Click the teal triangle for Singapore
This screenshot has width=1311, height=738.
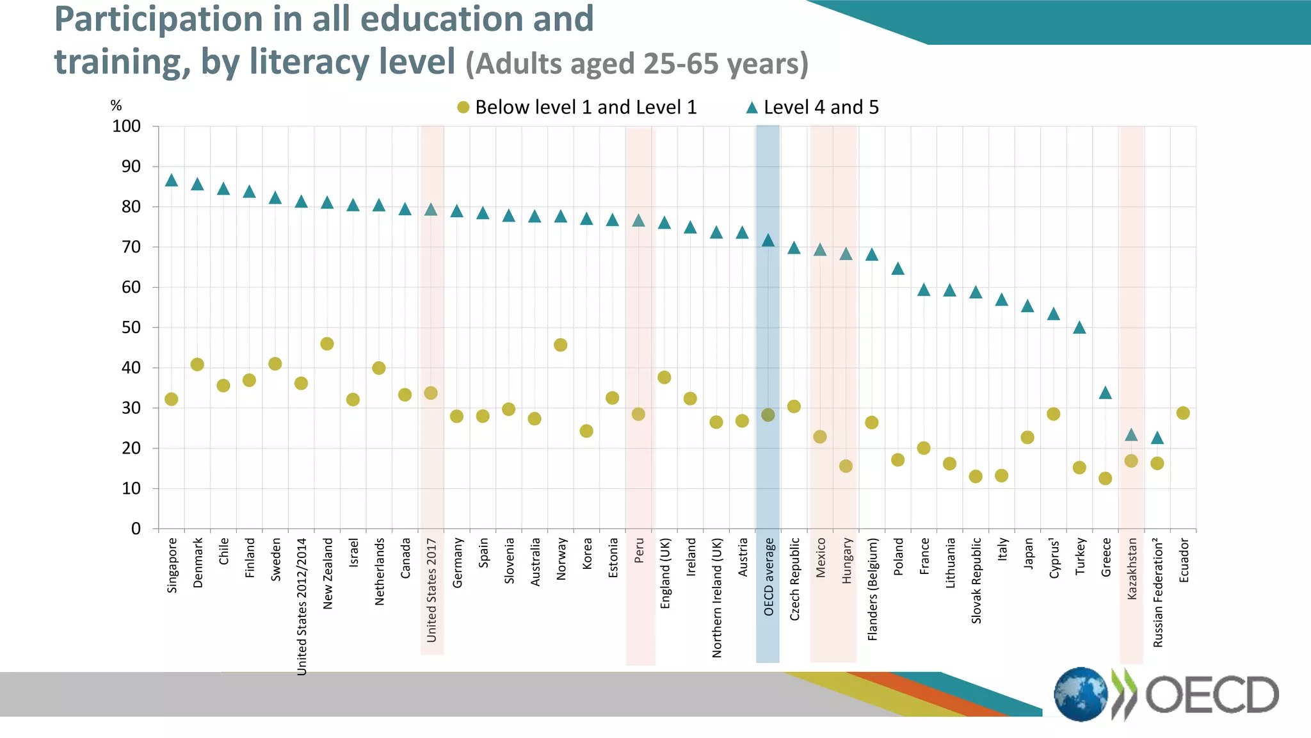click(171, 181)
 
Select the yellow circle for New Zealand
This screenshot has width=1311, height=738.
click(326, 344)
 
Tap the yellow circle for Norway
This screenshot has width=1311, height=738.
click(560, 345)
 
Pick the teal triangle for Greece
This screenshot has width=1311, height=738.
click(1105, 393)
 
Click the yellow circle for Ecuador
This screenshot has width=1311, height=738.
click(1183, 413)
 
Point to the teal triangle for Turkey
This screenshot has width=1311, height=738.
click(1079, 328)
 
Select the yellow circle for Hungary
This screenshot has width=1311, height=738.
click(846, 466)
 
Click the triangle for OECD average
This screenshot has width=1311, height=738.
click(768, 241)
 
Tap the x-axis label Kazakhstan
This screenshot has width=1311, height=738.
click(1132, 569)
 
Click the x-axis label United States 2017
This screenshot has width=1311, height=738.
click(431, 590)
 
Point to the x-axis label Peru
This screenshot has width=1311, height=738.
click(639, 551)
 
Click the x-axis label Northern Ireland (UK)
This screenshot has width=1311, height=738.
click(716, 598)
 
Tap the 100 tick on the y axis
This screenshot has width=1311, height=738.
click(126, 126)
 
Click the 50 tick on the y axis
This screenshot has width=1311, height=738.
click(131, 327)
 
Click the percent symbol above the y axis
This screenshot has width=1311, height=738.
click(116, 106)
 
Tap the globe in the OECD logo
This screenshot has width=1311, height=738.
click(1081, 694)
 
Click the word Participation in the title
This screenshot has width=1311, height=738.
click(157, 19)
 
